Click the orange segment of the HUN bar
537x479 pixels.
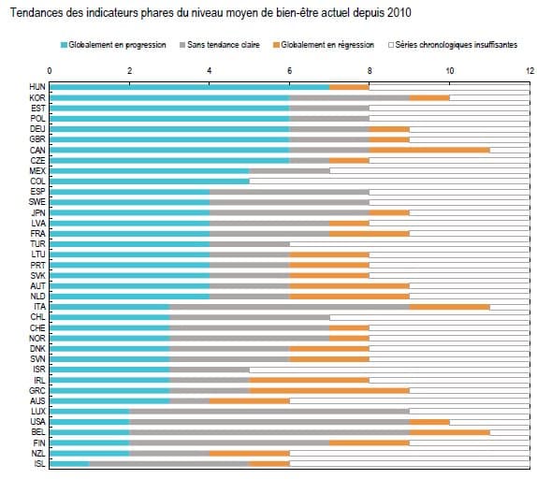click(x=349, y=87)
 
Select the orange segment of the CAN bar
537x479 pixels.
click(x=429, y=150)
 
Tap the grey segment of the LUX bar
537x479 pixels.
click(x=269, y=412)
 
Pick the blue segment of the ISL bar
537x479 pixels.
click(x=69, y=464)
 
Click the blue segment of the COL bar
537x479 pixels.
click(x=150, y=181)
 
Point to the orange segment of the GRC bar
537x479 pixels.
click(x=329, y=390)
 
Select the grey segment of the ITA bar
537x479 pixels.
click(x=289, y=307)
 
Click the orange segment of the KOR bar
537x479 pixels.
click(x=429, y=97)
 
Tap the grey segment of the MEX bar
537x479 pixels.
click(x=289, y=171)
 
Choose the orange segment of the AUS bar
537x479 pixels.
click(x=250, y=401)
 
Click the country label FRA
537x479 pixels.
click(x=37, y=234)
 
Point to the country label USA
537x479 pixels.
click(x=37, y=422)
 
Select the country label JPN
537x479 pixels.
click(x=38, y=212)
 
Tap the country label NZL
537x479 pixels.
click(x=38, y=454)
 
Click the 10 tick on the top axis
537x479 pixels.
click(x=450, y=71)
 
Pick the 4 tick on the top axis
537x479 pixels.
click(x=210, y=71)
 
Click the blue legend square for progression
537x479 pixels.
click(x=64, y=45)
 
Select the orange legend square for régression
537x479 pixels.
click(x=276, y=45)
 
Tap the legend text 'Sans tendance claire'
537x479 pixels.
click(x=224, y=45)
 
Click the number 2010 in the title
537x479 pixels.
click(x=399, y=13)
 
